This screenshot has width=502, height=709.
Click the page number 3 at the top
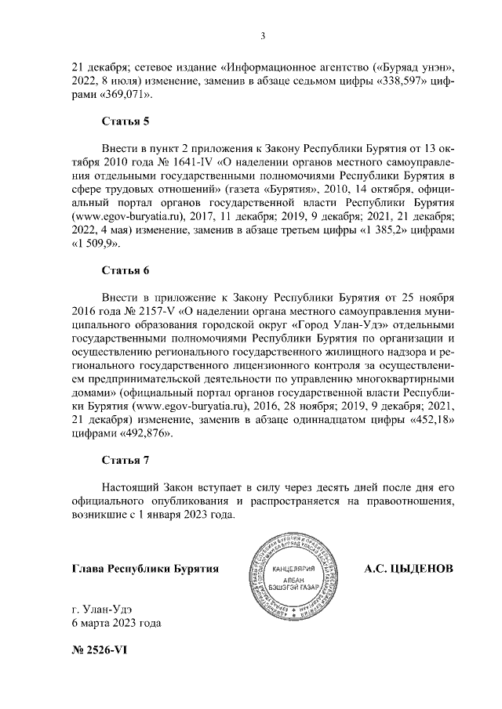263,35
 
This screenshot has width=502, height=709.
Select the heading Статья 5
125,121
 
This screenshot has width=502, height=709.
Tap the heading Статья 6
125,270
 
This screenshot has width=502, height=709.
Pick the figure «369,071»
125,95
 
